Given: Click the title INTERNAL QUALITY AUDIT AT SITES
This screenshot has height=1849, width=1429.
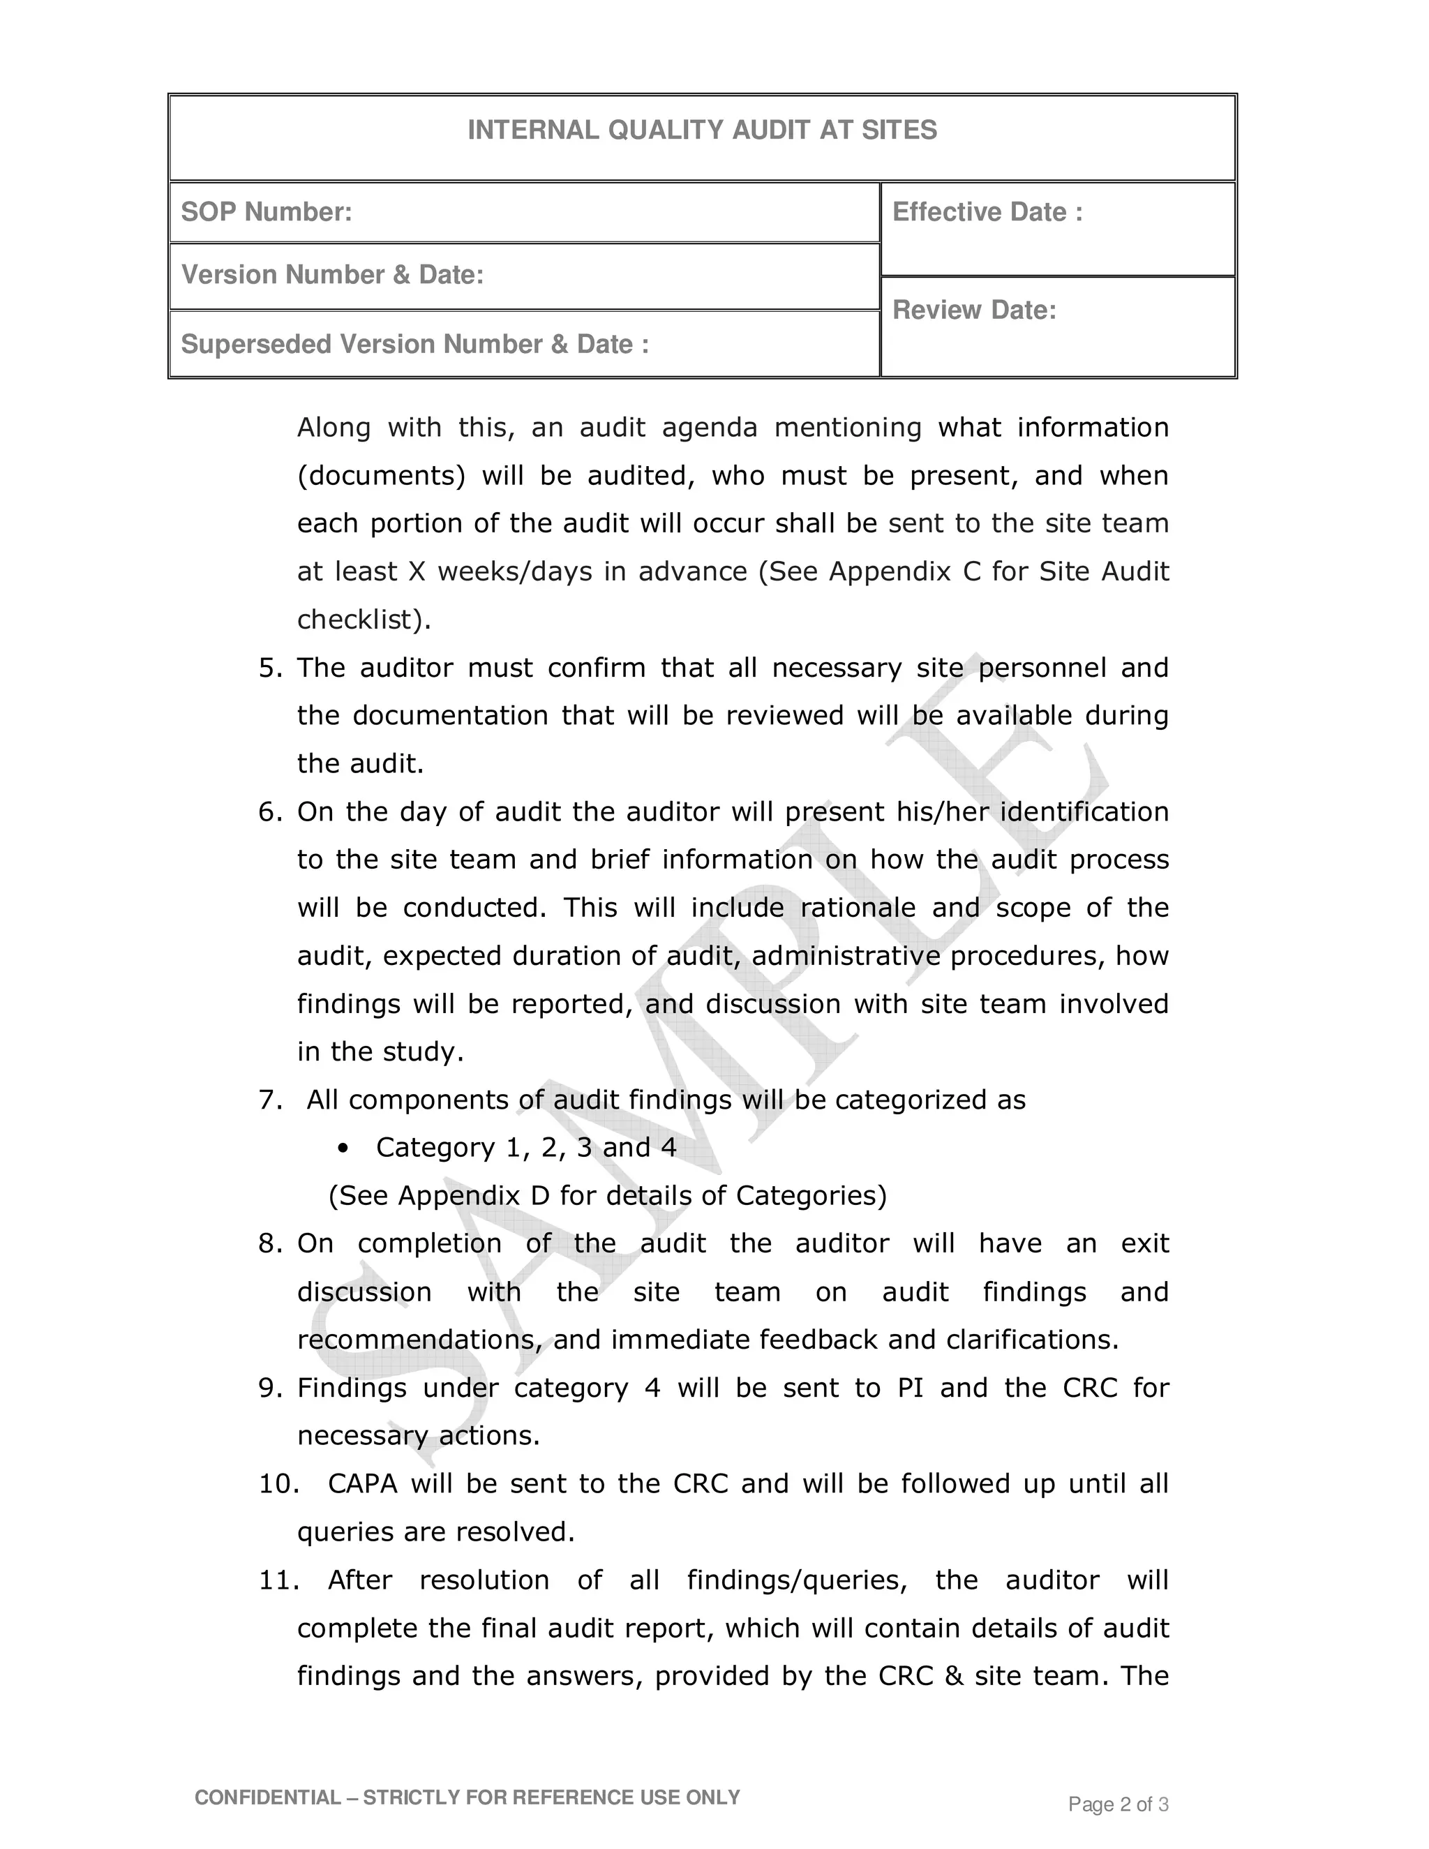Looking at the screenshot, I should click(x=702, y=130).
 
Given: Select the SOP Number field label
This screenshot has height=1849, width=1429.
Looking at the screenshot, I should click(x=266, y=211).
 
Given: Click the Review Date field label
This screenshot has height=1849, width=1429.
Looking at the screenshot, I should click(x=974, y=310).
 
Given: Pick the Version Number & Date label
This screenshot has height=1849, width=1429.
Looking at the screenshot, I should click(x=332, y=274).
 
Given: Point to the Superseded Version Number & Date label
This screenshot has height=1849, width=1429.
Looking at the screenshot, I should click(x=415, y=344).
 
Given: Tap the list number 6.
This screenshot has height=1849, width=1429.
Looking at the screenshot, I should click(x=269, y=812).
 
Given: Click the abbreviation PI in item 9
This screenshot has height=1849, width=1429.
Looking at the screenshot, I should click(x=909, y=1388).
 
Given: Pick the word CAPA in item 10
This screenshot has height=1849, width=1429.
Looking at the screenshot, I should click(x=362, y=1484).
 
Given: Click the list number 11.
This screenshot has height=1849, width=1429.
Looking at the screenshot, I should click(x=278, y=1580).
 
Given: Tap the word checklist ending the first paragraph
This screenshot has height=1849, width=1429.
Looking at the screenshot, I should click(x=358, y=620).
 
